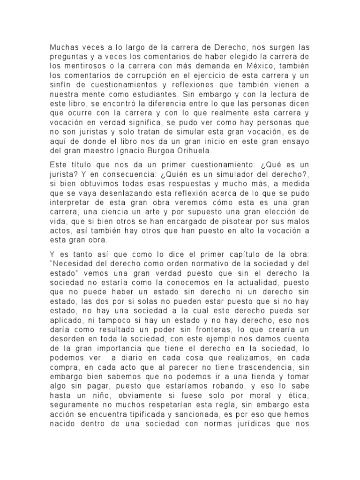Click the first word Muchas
point(64,48)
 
